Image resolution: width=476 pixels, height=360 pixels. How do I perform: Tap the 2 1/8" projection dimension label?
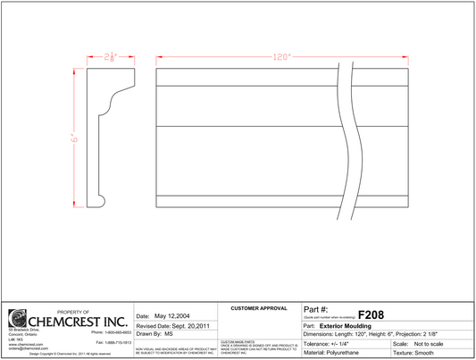111,56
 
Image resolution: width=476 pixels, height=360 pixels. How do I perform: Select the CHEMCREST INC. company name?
79,320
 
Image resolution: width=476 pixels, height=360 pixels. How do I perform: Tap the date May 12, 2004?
173,316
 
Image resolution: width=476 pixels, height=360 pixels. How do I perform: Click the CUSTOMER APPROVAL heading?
259,308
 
